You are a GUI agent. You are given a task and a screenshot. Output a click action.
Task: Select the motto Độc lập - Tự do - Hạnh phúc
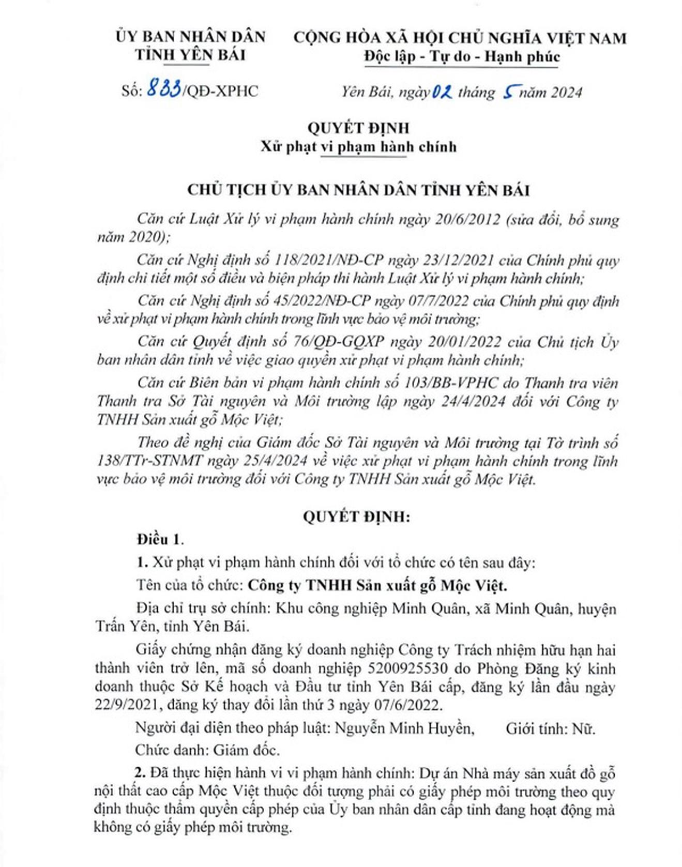[462, 56]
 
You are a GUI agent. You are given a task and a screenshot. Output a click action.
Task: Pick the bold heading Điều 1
[160, 539]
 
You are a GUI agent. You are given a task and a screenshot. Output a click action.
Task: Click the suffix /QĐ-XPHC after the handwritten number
[221, 91]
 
